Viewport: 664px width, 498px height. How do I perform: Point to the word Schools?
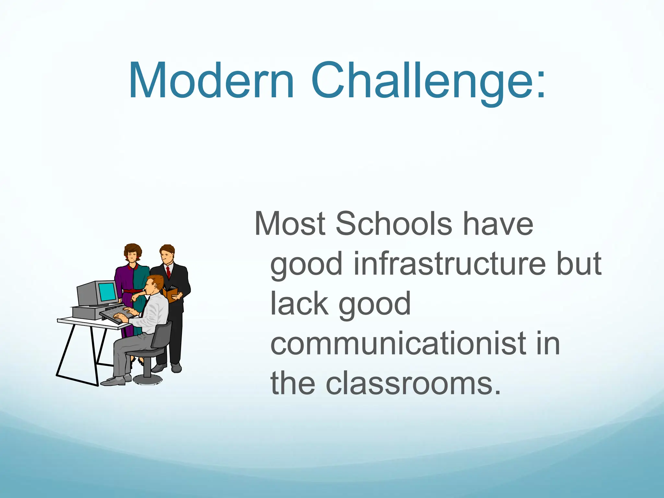pyautogui.click(x=393, y=223)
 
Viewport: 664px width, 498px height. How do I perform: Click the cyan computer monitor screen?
pyautogui.click(x=108, y=292)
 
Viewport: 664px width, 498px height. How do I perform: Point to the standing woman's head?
pyautogui.click(x=133, y=253)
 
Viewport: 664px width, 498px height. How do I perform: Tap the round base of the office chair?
pyautogui.click(x=148, y=379)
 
